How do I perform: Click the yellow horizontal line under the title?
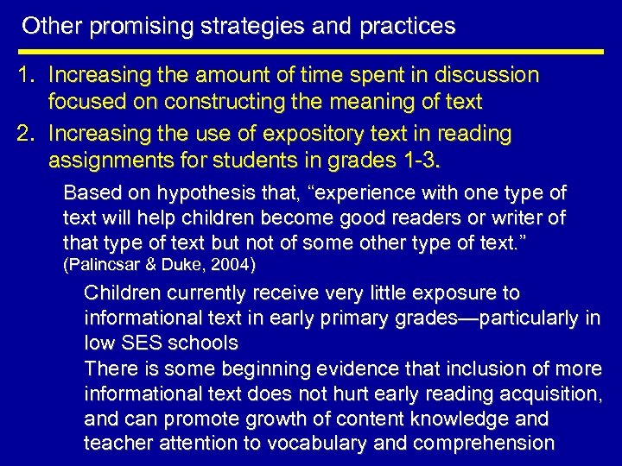pos(311,52)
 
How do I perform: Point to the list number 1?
pos(27,77)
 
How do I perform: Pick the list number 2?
pos(27,134)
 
